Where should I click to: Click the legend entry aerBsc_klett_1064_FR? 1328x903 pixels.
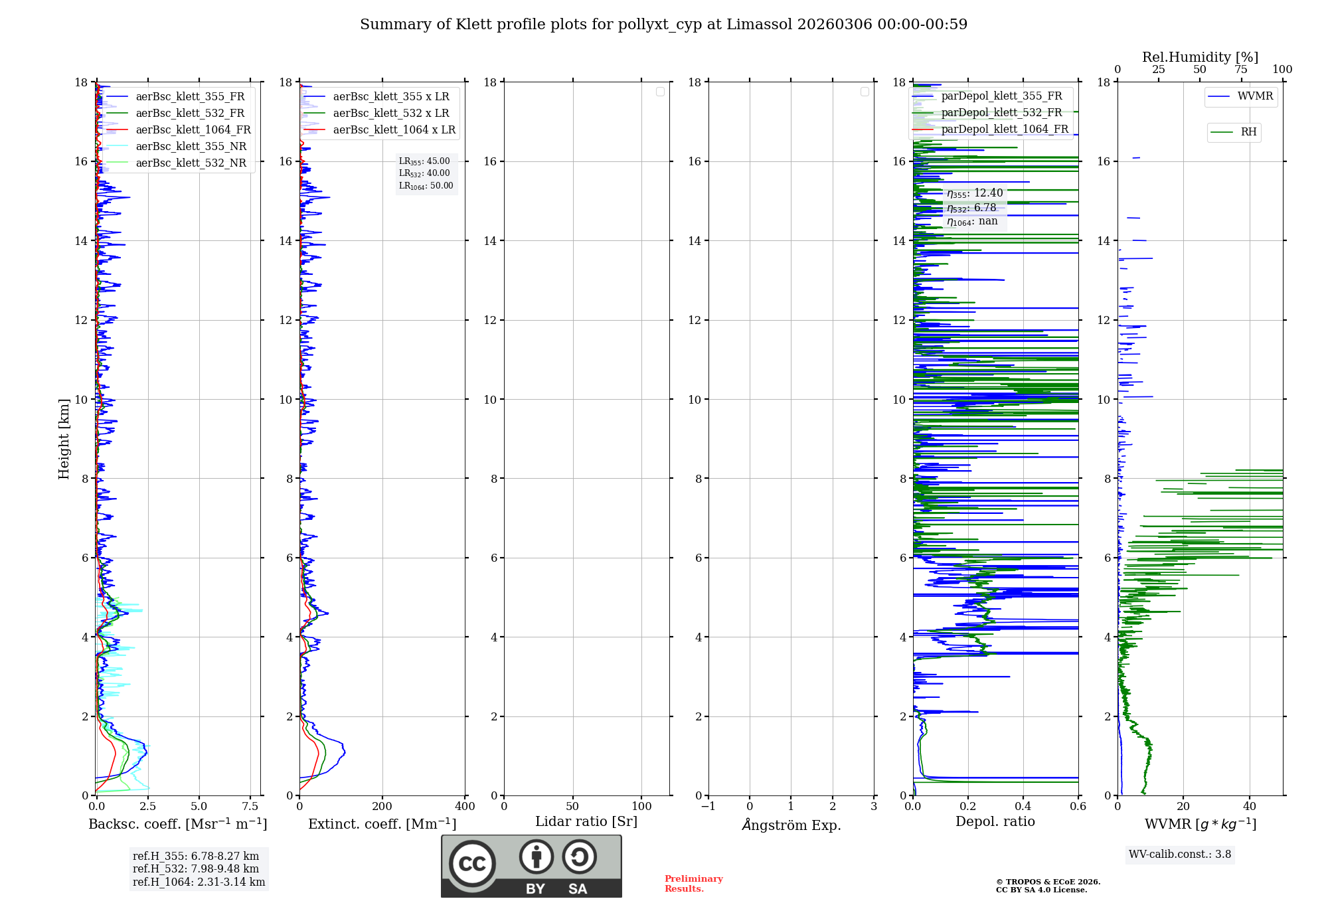click(x=193, y=130)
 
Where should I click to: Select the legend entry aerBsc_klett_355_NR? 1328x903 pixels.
click(x=191, y=147)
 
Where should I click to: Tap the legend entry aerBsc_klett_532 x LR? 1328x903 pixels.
click(x=391, y=114)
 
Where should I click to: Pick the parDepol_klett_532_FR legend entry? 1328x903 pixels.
click(x=1001, y=113)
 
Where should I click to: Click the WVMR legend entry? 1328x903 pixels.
click(x=1255, y=96)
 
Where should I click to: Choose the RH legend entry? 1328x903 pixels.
click(x=1248, y=132)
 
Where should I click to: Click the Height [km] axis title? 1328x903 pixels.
click(x=64, y=439)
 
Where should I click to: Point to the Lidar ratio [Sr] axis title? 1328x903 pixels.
click(x=586, y=822)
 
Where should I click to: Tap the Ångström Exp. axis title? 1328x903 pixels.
click(x=791, y=825)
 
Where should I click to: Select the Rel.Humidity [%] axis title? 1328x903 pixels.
click(x=1200, y=57)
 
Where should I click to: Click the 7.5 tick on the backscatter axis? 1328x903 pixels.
click(x=250, y=807)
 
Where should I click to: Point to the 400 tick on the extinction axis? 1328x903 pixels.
click(x=465, y=807)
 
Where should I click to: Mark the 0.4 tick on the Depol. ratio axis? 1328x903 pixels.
click(x=1023, y=807)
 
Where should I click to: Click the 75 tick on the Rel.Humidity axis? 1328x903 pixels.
click(x=1240, y=70)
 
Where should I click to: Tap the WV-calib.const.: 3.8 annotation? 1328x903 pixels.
click(x=1180, y=855)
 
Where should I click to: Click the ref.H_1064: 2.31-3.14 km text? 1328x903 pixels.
click(x=199, y=882)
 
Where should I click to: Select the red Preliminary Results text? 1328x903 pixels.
click(x=693, y=884)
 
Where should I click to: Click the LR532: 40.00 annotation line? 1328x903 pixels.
click(x=424, y=173)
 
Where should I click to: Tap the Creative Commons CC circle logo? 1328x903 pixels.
click(x=472, y=863)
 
